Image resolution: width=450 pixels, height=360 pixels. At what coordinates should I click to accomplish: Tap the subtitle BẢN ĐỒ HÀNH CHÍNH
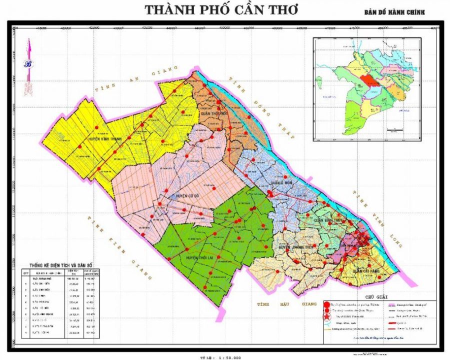394,12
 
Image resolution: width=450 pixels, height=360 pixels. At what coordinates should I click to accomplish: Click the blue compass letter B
28,64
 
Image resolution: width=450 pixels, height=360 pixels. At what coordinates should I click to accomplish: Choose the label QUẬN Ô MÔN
280,183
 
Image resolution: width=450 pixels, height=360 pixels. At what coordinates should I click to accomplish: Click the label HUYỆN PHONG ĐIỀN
298,247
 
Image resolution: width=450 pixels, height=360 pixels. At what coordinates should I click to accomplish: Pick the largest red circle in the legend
327,304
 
